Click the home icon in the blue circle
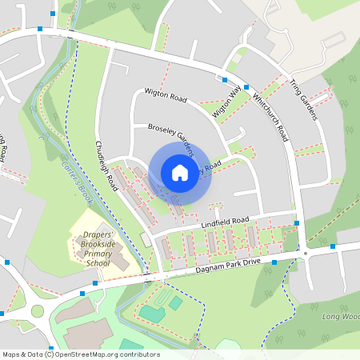point(180,172)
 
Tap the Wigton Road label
point(166,98)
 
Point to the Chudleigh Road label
point(107,166)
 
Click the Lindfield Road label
point(226,222)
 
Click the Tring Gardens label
point(304,100)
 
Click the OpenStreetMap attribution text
point(80,354)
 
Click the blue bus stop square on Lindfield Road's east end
point(297,223)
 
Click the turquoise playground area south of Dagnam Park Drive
point(151,313)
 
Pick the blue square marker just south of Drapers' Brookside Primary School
point(94,283)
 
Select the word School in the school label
point(98,262)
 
